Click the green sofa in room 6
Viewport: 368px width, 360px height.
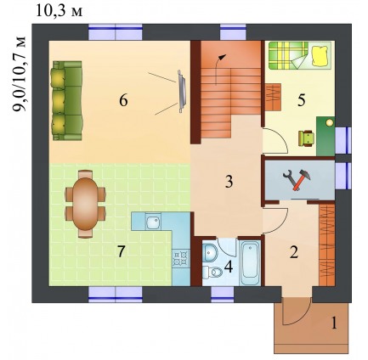tap(67, 101)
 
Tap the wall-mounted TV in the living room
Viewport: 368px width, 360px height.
tap(181, 92)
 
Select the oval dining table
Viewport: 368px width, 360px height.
tap(85, 204)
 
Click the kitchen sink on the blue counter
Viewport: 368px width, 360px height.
tap(153, 222)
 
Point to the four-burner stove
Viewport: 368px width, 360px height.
tap(180, 257)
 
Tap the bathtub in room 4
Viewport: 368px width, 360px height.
tap(250, 262)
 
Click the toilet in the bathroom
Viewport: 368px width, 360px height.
tap(213, 273)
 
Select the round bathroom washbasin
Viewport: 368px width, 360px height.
tap(210, 251)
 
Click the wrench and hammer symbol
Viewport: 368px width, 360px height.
tap(297, 180)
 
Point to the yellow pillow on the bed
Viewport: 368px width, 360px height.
tap(320, 55)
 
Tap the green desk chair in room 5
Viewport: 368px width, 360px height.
tap(306, 138)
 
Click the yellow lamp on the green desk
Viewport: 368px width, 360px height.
tap(329, 123)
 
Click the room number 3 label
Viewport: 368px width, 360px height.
tap(229, 182)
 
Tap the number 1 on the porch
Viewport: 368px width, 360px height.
tap(335, 323)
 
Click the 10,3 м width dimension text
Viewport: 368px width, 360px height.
tap(59, 12)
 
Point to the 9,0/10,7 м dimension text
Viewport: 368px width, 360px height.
tap(20, 74)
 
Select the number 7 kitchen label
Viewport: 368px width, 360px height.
tap(121, 251)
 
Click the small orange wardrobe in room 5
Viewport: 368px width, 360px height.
tap(273, 97)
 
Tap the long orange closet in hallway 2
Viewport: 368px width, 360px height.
tap(326, 245)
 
